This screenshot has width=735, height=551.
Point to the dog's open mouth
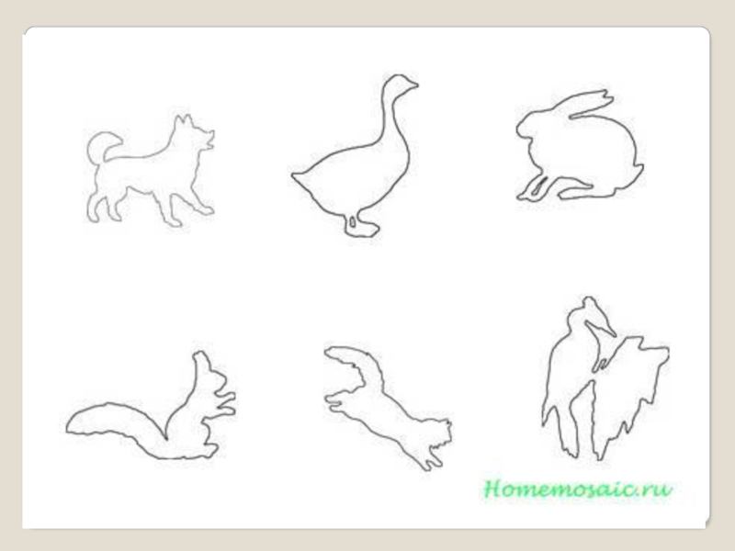pos(209,140)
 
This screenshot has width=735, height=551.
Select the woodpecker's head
pos(588,310)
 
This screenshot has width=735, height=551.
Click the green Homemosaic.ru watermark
pos(578,489)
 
